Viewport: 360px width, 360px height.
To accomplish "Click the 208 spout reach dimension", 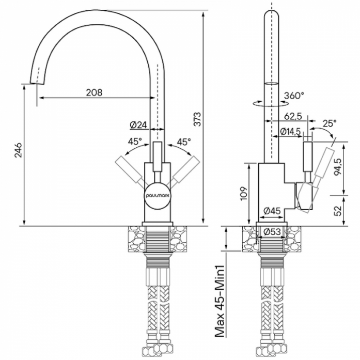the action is point(94,92).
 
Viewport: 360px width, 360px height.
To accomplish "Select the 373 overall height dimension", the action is point(197,119).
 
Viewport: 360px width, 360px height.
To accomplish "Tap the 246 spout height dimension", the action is point(18,150).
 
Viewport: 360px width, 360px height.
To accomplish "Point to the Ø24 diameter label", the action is point(138,125).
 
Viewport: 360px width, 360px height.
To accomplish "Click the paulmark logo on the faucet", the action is point(158,196).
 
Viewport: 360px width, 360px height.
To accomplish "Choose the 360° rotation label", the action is point(294,95).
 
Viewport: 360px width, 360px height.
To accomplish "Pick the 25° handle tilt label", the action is point(330,123).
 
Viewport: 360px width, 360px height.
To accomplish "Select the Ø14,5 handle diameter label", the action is point(290,132).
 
